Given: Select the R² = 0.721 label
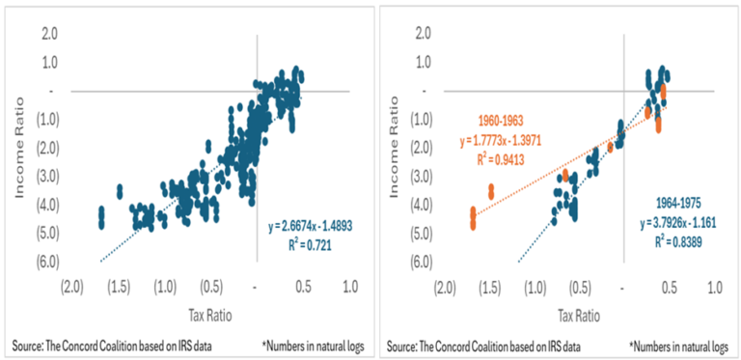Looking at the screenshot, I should [x=315, y=242].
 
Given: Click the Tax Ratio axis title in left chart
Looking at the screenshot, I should [x=211, y=315].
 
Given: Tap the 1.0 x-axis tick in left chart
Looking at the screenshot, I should [x=349, y=288].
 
